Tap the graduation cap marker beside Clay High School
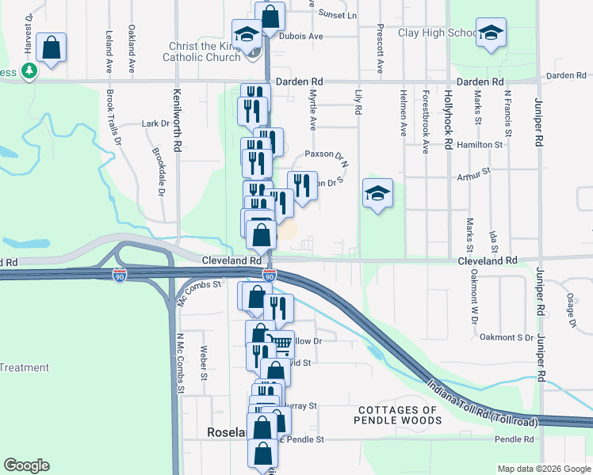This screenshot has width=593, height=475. pyautogui.click(x=492, y=33)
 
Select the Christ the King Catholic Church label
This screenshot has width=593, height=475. pyautogui.click(x=201, y=51)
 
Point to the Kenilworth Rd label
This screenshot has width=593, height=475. pyautogui.click(x=177, y=119)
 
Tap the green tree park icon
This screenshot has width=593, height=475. pyautogui.click(x=29, y=71)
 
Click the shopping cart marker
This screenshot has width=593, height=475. pyautogui.click(x=281, y=344)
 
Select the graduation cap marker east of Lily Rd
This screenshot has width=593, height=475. pyautogui.click(x=378, y=192)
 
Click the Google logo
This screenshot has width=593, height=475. pyautogui.click(x=26, y=465)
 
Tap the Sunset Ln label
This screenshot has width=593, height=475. pyautogui.click(x=337, y=14)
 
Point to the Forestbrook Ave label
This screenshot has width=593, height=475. pyautogui.click(x=426, y=112)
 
